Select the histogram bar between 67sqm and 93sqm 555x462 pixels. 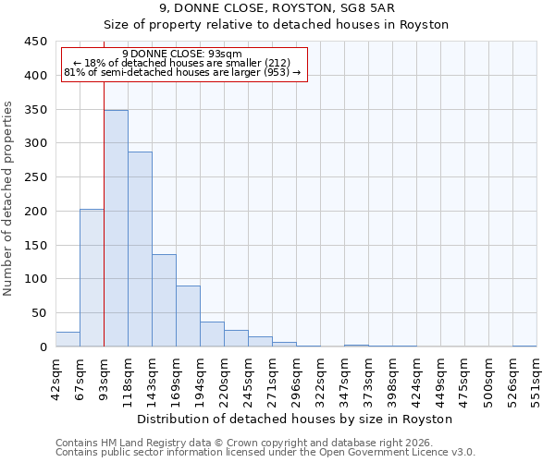[92, 277]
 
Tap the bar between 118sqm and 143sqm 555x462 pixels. [140, 249]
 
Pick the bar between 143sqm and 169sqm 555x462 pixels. [164, 300]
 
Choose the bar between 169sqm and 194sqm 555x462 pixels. [188, 316]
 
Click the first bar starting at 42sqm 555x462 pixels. [68, 339]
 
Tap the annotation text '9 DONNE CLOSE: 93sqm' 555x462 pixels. [182, 54]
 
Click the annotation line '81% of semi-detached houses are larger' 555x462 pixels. [182, 72]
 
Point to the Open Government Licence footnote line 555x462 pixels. [265, 452]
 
